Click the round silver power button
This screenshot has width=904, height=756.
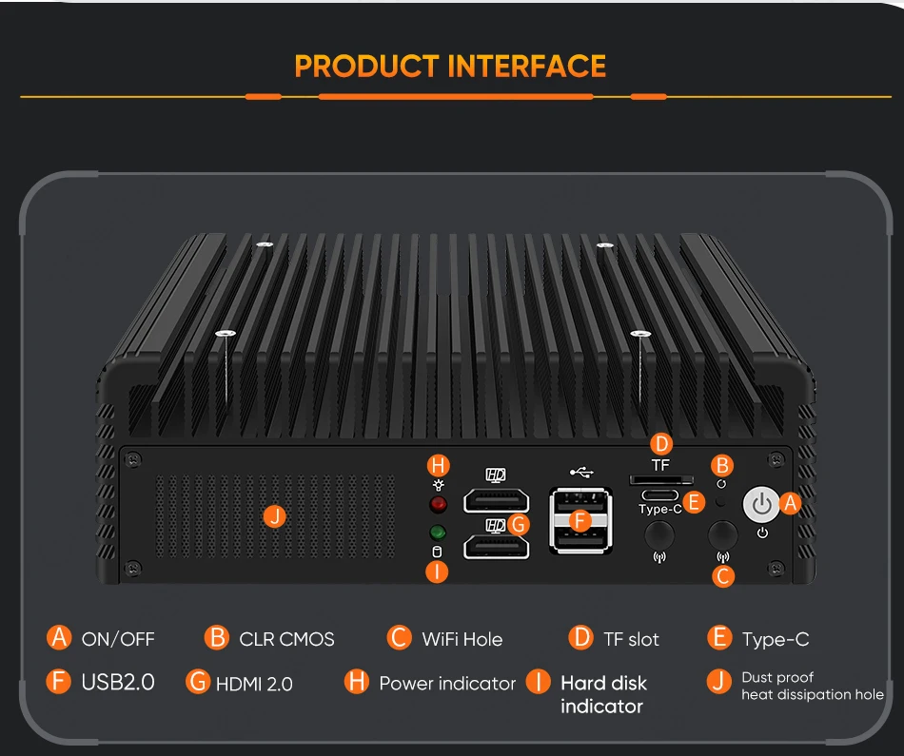761,505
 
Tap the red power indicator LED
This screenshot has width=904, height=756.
439,505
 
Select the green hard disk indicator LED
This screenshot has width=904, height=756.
439,533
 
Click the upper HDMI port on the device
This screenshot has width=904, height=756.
496,501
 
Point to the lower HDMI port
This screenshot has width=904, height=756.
496,546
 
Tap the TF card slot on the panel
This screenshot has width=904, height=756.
658,481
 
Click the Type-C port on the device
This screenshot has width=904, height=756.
659,495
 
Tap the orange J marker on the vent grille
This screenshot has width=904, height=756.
275,516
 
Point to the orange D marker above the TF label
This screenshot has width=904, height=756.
661,444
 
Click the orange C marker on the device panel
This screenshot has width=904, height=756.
723,575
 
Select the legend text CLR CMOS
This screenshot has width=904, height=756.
286,639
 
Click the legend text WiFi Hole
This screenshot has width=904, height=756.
462,639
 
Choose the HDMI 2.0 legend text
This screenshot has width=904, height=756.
254,684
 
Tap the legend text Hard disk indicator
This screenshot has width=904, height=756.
603,694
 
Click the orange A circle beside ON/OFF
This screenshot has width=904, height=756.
60,637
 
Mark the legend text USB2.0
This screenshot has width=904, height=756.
118,682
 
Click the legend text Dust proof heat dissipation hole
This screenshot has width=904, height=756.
812,687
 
